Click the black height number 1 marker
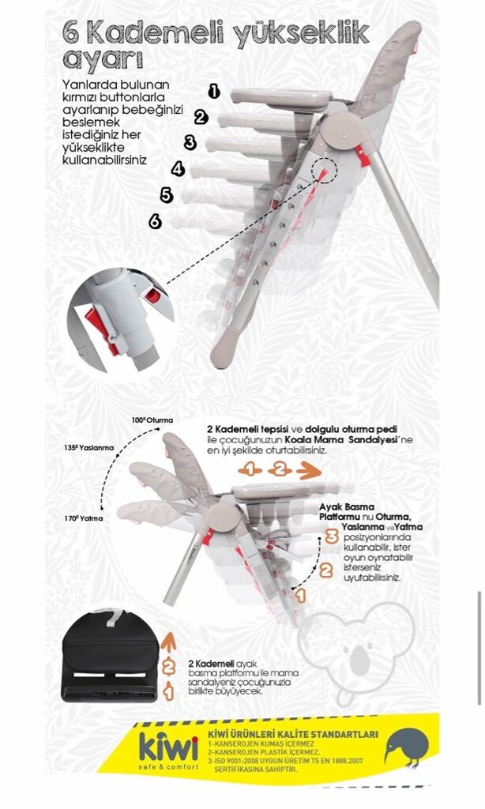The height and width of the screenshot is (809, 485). point(213,92)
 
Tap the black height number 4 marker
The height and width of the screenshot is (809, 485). point(178,169)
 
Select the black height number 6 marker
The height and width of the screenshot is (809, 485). point(155,221)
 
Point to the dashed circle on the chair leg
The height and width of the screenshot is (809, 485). point(323,170)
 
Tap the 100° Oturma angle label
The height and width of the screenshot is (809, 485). point(152,420)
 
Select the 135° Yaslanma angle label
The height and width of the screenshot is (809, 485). point(88,448)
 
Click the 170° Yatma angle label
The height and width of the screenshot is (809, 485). point(84,518)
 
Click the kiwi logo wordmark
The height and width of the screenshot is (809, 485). point(169,747)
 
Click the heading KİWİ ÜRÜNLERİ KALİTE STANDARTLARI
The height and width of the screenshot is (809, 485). point(292,735)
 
